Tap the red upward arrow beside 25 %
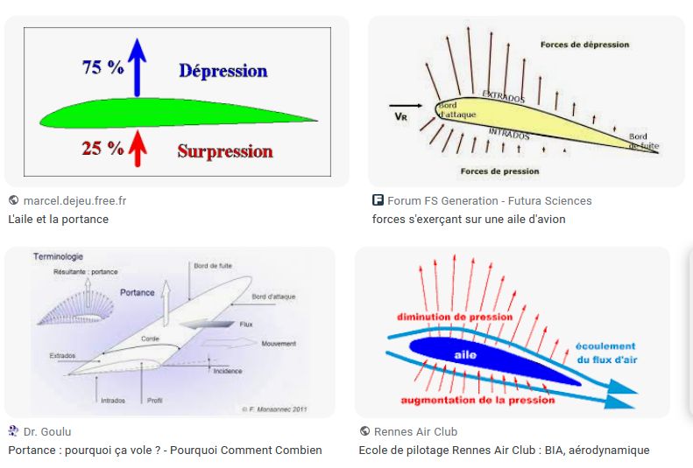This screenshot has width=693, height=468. [137, 146]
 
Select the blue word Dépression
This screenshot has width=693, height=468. [223, 71]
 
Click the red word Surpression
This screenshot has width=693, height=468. [225, 151]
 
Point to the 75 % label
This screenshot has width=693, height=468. [103, 67]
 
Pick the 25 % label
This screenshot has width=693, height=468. [103, 148]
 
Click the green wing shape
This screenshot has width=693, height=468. [175, 113]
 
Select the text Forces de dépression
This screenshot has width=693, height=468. [584, 45]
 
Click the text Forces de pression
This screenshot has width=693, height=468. [499, 171]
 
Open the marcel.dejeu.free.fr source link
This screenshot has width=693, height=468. [74, 200]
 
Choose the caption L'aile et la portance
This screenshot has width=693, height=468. [59, 219]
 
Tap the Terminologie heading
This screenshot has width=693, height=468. [58, 256]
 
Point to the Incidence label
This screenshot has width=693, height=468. [227, 371]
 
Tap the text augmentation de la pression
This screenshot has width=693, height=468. [477, 400]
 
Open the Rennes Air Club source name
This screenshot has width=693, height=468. [415, 431]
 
